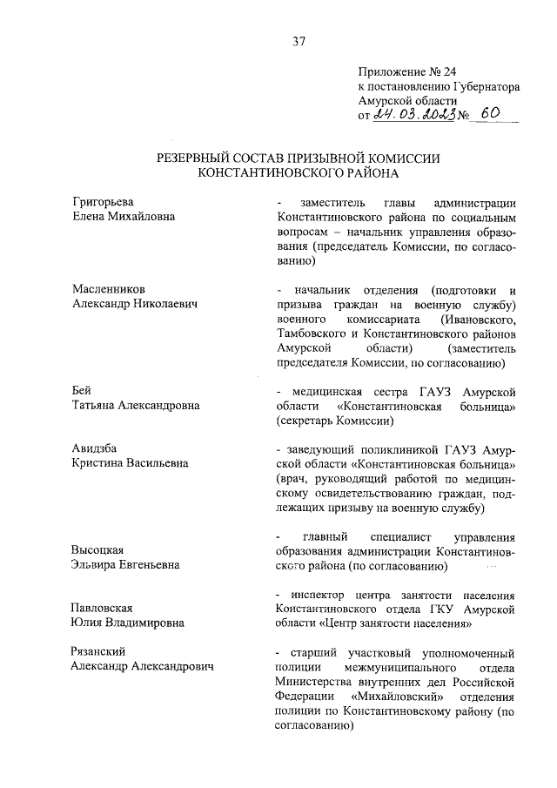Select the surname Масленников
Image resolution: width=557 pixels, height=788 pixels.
coord(110,289)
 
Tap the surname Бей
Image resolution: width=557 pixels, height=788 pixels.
coord(81,389)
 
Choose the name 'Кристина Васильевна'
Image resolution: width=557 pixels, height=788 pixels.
coord(130,463)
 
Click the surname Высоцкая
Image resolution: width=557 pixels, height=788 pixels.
coord(99,549)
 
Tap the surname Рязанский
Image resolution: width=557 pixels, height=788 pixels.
coord(100,651)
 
